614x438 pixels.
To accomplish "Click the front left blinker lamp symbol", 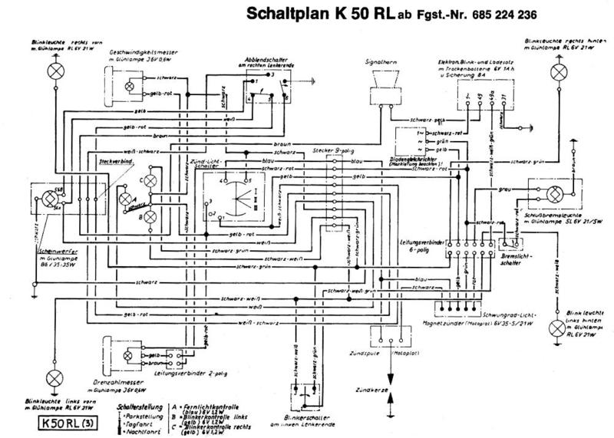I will (x=55, y=377).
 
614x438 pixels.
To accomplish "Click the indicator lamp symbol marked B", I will (x=152, y=217).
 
